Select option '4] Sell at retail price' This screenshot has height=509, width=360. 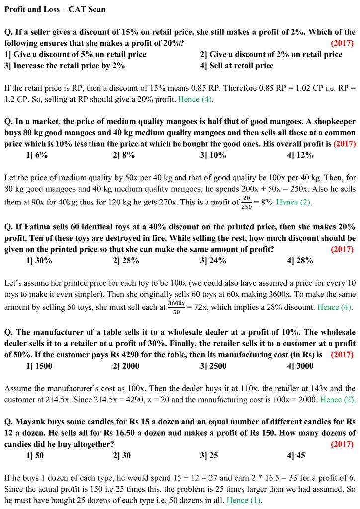pos(237,65)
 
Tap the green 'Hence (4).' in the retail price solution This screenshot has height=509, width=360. pos(196,99)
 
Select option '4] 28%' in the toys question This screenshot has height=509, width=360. pos(300,260)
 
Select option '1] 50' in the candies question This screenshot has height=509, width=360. pos(35,469)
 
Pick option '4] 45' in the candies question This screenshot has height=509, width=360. pos(296,469)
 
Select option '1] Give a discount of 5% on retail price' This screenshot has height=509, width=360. pos(75,54)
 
